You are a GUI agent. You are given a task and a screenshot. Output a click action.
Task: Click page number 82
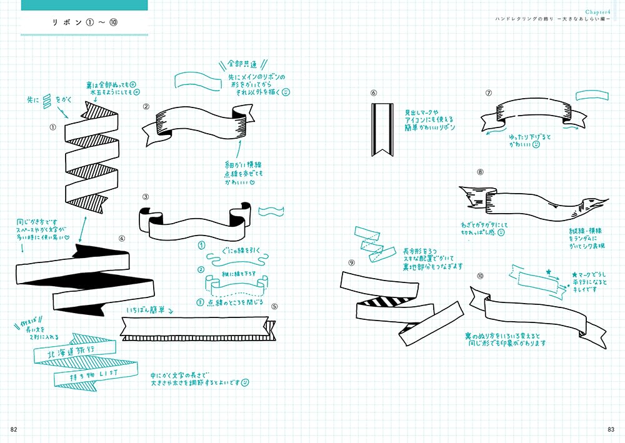tap(14, 429)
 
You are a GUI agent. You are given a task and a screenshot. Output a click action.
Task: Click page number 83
tap(611, 429)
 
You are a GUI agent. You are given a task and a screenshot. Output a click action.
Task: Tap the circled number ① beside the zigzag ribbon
tap(53, 126)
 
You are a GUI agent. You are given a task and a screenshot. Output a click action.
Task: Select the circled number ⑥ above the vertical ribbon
tap(374, 93)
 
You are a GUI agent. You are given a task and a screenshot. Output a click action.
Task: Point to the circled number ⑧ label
tap(480, 171)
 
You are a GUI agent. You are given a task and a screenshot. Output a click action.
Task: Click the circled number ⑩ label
tap(480, 276)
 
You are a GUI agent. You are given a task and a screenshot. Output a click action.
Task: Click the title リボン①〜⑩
tap(84, 23)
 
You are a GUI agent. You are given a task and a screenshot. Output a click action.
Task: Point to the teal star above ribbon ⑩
tap(549, 272)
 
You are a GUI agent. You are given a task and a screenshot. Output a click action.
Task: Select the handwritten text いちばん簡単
tap(145, 309)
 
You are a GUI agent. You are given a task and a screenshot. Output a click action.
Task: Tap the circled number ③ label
tap(146, 197)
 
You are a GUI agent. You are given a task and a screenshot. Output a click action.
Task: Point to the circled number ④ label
tap(122, 238)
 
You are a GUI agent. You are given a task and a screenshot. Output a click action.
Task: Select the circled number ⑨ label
tap(351, 262)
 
